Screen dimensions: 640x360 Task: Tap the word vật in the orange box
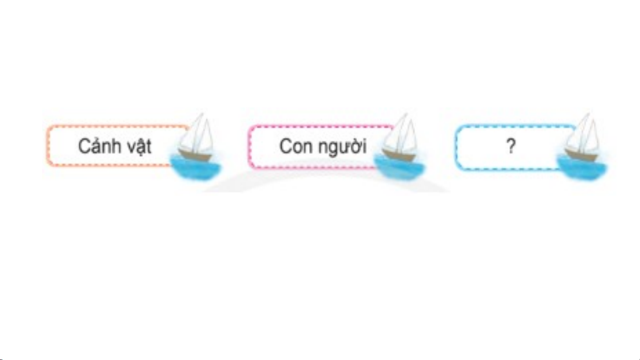click(x=139, y=146)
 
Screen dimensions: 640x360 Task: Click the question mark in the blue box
click(x=511, y=146)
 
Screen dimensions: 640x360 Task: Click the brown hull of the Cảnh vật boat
click(x=195, y=154)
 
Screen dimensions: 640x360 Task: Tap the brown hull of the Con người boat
click(x=399, y=154)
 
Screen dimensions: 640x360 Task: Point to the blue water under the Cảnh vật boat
click(x=196, y=168)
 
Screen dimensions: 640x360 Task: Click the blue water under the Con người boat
click(x=400, y=168)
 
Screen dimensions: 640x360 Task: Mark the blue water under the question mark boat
click(x=583, y=168)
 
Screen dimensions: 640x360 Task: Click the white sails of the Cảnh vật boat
click(x=197, y=133)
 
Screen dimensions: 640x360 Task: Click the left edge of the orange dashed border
click(x=48, y=146)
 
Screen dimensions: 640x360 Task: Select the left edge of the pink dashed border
click(x=249, y=146)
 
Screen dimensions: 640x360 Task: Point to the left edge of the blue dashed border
click(x=456, y=147)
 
